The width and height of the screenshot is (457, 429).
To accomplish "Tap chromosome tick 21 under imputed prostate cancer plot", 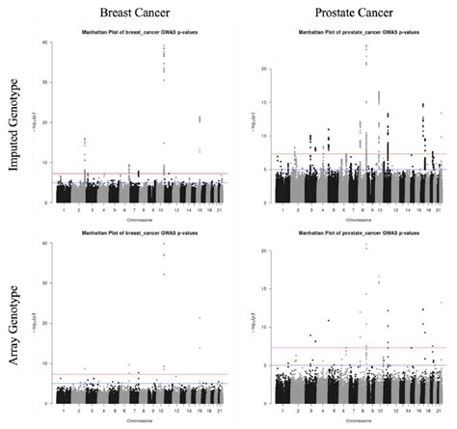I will point(440,211).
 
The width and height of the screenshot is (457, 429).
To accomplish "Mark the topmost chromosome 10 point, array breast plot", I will point(163,243).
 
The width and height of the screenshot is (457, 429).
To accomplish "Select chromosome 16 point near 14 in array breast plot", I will point(200,347).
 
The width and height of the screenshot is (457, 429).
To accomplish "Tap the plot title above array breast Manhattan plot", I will point(143,232).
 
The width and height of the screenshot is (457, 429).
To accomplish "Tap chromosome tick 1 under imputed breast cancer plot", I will point(64,211).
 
